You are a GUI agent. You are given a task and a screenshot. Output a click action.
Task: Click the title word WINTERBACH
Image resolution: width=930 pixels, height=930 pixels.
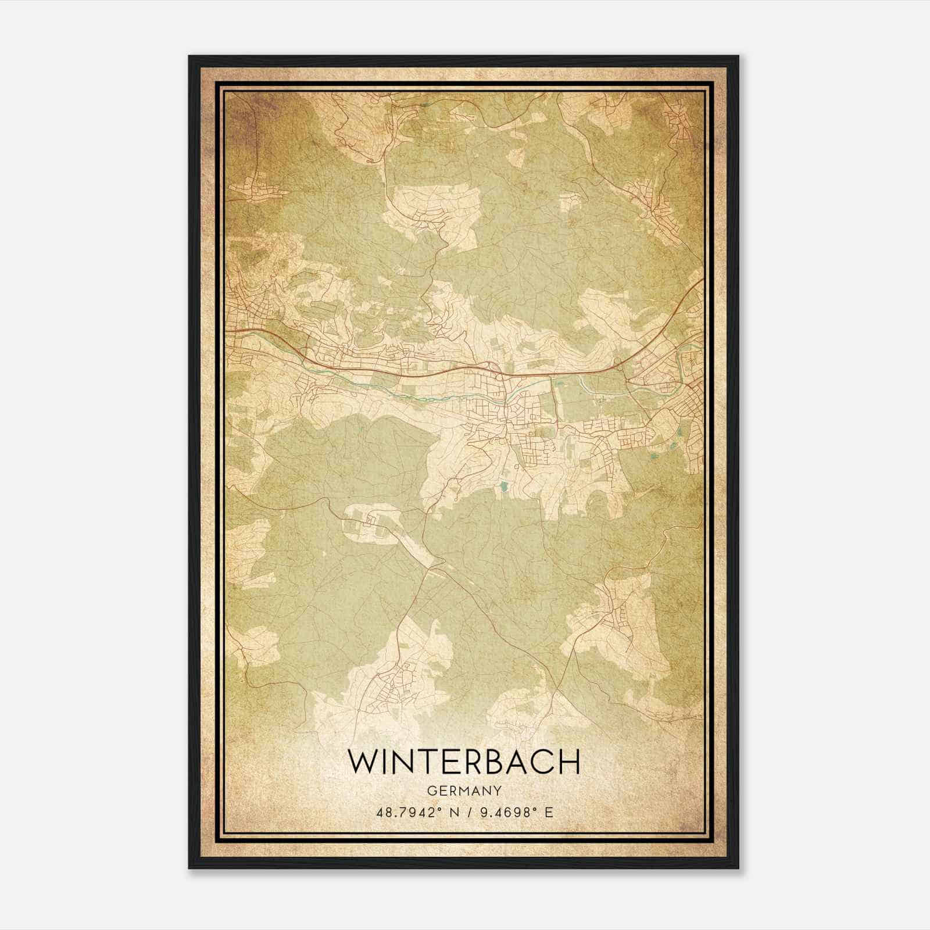[464, 761]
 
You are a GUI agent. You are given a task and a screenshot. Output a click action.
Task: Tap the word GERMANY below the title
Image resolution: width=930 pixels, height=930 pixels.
[464, 791]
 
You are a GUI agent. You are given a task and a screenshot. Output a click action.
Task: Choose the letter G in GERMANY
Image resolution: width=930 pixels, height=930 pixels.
[431, 791]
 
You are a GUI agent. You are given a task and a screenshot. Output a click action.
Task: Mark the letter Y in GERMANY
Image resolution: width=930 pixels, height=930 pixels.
[498, 791]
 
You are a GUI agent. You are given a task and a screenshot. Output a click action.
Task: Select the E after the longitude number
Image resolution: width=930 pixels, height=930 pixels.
[549, 812]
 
